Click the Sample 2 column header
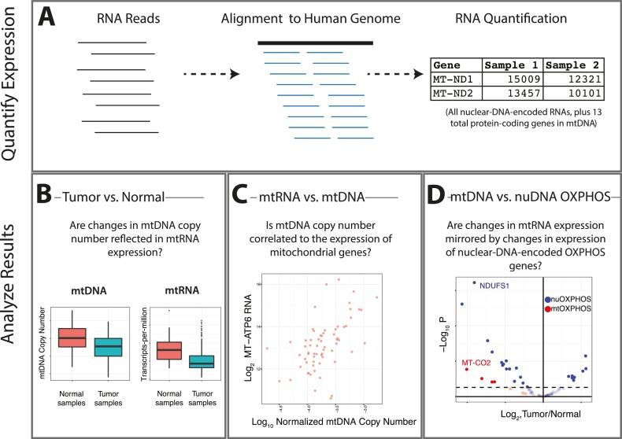(572, 65)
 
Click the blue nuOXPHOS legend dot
(548, 299)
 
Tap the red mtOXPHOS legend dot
(548, 310)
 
